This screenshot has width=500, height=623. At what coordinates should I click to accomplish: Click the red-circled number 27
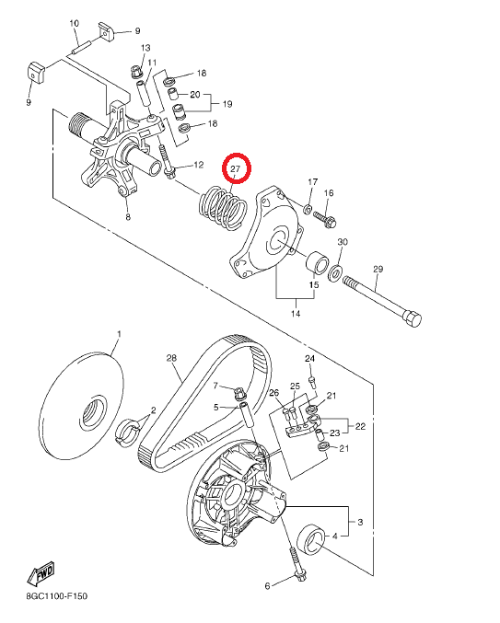coord(236,168)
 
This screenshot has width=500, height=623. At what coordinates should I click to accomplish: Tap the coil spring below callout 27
coord(223,207)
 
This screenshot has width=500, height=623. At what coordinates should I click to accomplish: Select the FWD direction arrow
coord(41,574)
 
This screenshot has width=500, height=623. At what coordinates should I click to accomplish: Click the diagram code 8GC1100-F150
coord(57,596)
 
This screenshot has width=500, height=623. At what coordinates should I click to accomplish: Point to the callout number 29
coord(378,269)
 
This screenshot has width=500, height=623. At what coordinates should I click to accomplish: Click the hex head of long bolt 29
coord(413,318)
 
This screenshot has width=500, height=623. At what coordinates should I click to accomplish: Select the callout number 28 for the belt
coord(171,358)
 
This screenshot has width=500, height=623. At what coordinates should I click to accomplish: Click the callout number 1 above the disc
coord(119,334)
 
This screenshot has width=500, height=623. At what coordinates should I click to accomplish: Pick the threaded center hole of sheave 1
coord(93,411)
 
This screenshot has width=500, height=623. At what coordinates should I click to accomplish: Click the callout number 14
coord(296,314)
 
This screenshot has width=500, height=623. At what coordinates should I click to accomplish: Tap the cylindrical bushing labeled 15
coord(317,262)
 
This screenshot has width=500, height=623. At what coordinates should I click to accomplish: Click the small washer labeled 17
coord(308,209)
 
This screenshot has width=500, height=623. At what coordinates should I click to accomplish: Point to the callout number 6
coord(267,586)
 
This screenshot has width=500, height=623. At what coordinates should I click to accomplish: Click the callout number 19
coord(227,104)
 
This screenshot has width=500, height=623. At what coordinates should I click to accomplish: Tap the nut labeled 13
coord(136,73)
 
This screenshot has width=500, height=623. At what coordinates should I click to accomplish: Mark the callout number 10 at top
coord(75,23)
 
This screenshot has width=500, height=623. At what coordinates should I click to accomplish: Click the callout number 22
coord(360,426)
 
